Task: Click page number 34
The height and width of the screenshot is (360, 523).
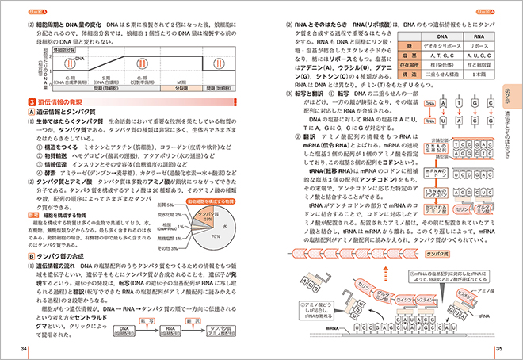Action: [26, 349]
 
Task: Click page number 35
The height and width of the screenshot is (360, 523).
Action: [498, 349]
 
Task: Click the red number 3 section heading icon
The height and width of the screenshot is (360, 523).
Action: [30, 103]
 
